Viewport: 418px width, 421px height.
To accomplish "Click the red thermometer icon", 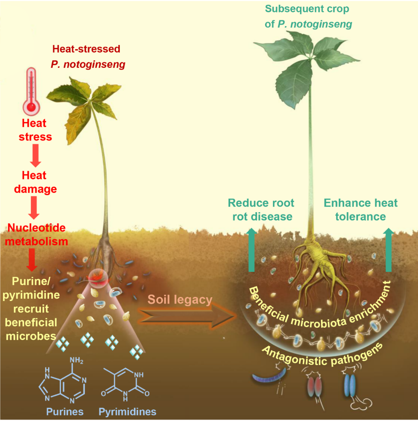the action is (x=31, y=91).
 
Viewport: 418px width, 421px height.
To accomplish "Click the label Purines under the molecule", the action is (x=65, y=412).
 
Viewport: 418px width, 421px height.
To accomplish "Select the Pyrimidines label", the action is (x=127, y=412).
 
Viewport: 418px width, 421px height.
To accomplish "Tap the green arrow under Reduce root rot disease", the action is (x=252, y=250).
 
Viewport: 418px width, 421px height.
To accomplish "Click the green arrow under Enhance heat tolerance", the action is (x=389, y=250).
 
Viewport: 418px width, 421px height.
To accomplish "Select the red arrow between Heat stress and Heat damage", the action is (x=35, y=155).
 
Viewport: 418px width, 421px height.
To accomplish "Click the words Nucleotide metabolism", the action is (x=36, y=235).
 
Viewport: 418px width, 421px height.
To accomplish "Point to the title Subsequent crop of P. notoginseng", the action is (x=308, y=16).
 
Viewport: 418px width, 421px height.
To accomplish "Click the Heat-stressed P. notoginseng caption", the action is (x=88, y=57).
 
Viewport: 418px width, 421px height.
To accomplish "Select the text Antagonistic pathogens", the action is (x=322, y=354).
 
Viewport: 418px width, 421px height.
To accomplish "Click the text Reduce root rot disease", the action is (x=261, y=210).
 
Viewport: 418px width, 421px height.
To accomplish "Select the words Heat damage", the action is (x=35, y=182).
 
